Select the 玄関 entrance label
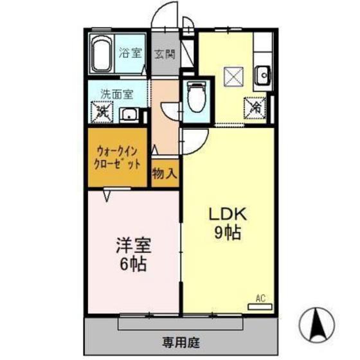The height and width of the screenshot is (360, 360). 165,54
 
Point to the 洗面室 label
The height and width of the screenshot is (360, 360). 115,94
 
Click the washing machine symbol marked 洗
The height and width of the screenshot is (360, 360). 103,112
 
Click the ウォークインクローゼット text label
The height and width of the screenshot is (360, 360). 118,158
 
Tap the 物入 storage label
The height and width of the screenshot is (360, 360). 165,174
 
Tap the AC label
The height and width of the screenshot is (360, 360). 260,298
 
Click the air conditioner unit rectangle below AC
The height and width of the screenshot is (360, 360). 260,307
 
